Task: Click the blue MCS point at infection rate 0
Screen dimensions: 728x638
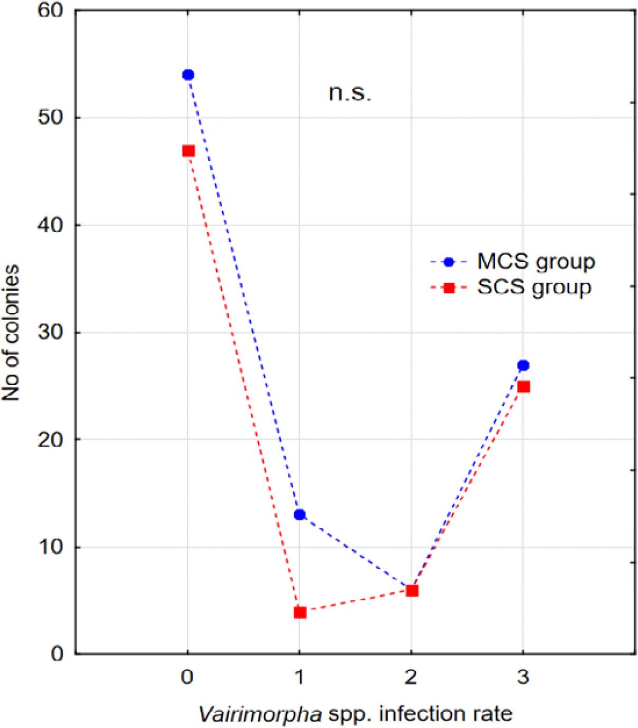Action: point(188,75)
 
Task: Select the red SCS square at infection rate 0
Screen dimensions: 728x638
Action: point(188,151)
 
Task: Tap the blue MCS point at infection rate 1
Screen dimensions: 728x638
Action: point(300,515)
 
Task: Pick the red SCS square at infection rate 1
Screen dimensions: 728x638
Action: point(300,613)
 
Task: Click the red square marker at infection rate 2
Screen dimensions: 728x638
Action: point(412,590)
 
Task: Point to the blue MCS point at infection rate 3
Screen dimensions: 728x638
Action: point(523,365)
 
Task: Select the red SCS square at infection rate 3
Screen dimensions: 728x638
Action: point(523,387)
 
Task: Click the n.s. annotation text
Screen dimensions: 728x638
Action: point(350,94)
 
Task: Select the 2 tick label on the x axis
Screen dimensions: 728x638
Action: point(411,678)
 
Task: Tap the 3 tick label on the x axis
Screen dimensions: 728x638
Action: point(523,678)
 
